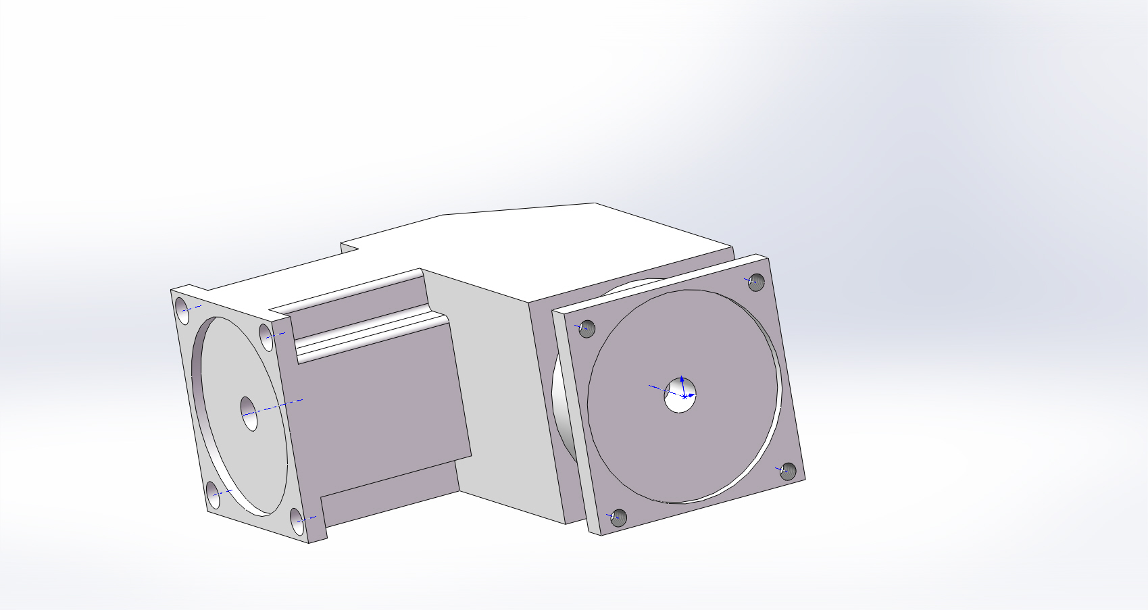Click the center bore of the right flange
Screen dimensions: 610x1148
click(x=680, y=395)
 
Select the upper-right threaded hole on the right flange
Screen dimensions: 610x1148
click(x=757, y=282)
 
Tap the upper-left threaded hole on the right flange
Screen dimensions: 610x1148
click(x=587, y=329)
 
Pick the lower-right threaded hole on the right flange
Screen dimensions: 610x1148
click(x=788, y=471)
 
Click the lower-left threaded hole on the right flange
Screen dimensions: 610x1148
click(x=618, y=518)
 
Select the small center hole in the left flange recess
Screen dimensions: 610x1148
click(x=249, y=413)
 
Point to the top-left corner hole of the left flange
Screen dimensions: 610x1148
click(x=182, y=310)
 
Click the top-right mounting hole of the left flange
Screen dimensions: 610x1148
click(x=267, y=336)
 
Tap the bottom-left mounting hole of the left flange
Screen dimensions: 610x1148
click(x=213, y=496)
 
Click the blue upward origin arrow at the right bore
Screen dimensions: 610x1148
click(x=682, y=380)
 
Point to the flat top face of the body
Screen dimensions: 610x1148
click(x=541, y=243)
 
